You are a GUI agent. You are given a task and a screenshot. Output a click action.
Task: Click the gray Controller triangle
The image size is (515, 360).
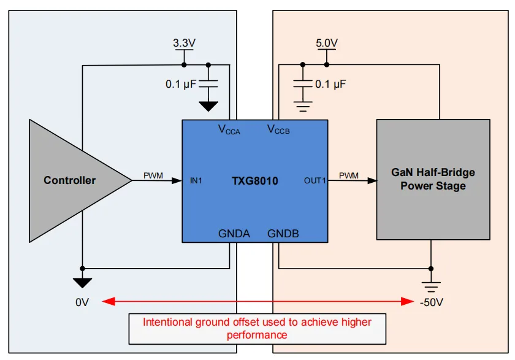click(x=71, y=180)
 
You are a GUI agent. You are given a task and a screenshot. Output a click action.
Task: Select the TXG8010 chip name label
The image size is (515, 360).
click(x=254, y=180)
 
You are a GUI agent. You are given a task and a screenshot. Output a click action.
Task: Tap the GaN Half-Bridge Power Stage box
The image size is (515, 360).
click(x=433, y=179)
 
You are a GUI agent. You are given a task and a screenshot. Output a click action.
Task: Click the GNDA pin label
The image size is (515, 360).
click(x=234, y=233)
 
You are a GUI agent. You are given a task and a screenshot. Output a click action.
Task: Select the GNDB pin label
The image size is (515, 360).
click(x=283, y=233)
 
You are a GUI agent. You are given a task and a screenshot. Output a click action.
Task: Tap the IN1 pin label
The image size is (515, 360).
click(x=196, y=180)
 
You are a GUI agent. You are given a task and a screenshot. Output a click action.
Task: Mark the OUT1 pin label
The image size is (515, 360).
click(x=315, y=180)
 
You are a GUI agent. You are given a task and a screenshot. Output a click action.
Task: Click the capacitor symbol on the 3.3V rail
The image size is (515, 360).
click(x=208, y=83)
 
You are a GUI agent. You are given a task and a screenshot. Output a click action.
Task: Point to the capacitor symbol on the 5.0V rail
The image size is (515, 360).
click(x=302, y=83)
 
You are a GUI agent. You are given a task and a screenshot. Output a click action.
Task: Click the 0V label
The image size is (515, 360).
click(x=82, y=302)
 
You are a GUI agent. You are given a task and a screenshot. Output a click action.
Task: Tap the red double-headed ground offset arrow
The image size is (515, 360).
click(x=257, y=301)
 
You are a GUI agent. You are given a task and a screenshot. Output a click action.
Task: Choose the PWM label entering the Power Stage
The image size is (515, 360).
click(x=348, y=176)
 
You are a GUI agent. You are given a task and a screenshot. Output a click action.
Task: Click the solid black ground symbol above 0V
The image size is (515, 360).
click(x=82, y=282)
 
